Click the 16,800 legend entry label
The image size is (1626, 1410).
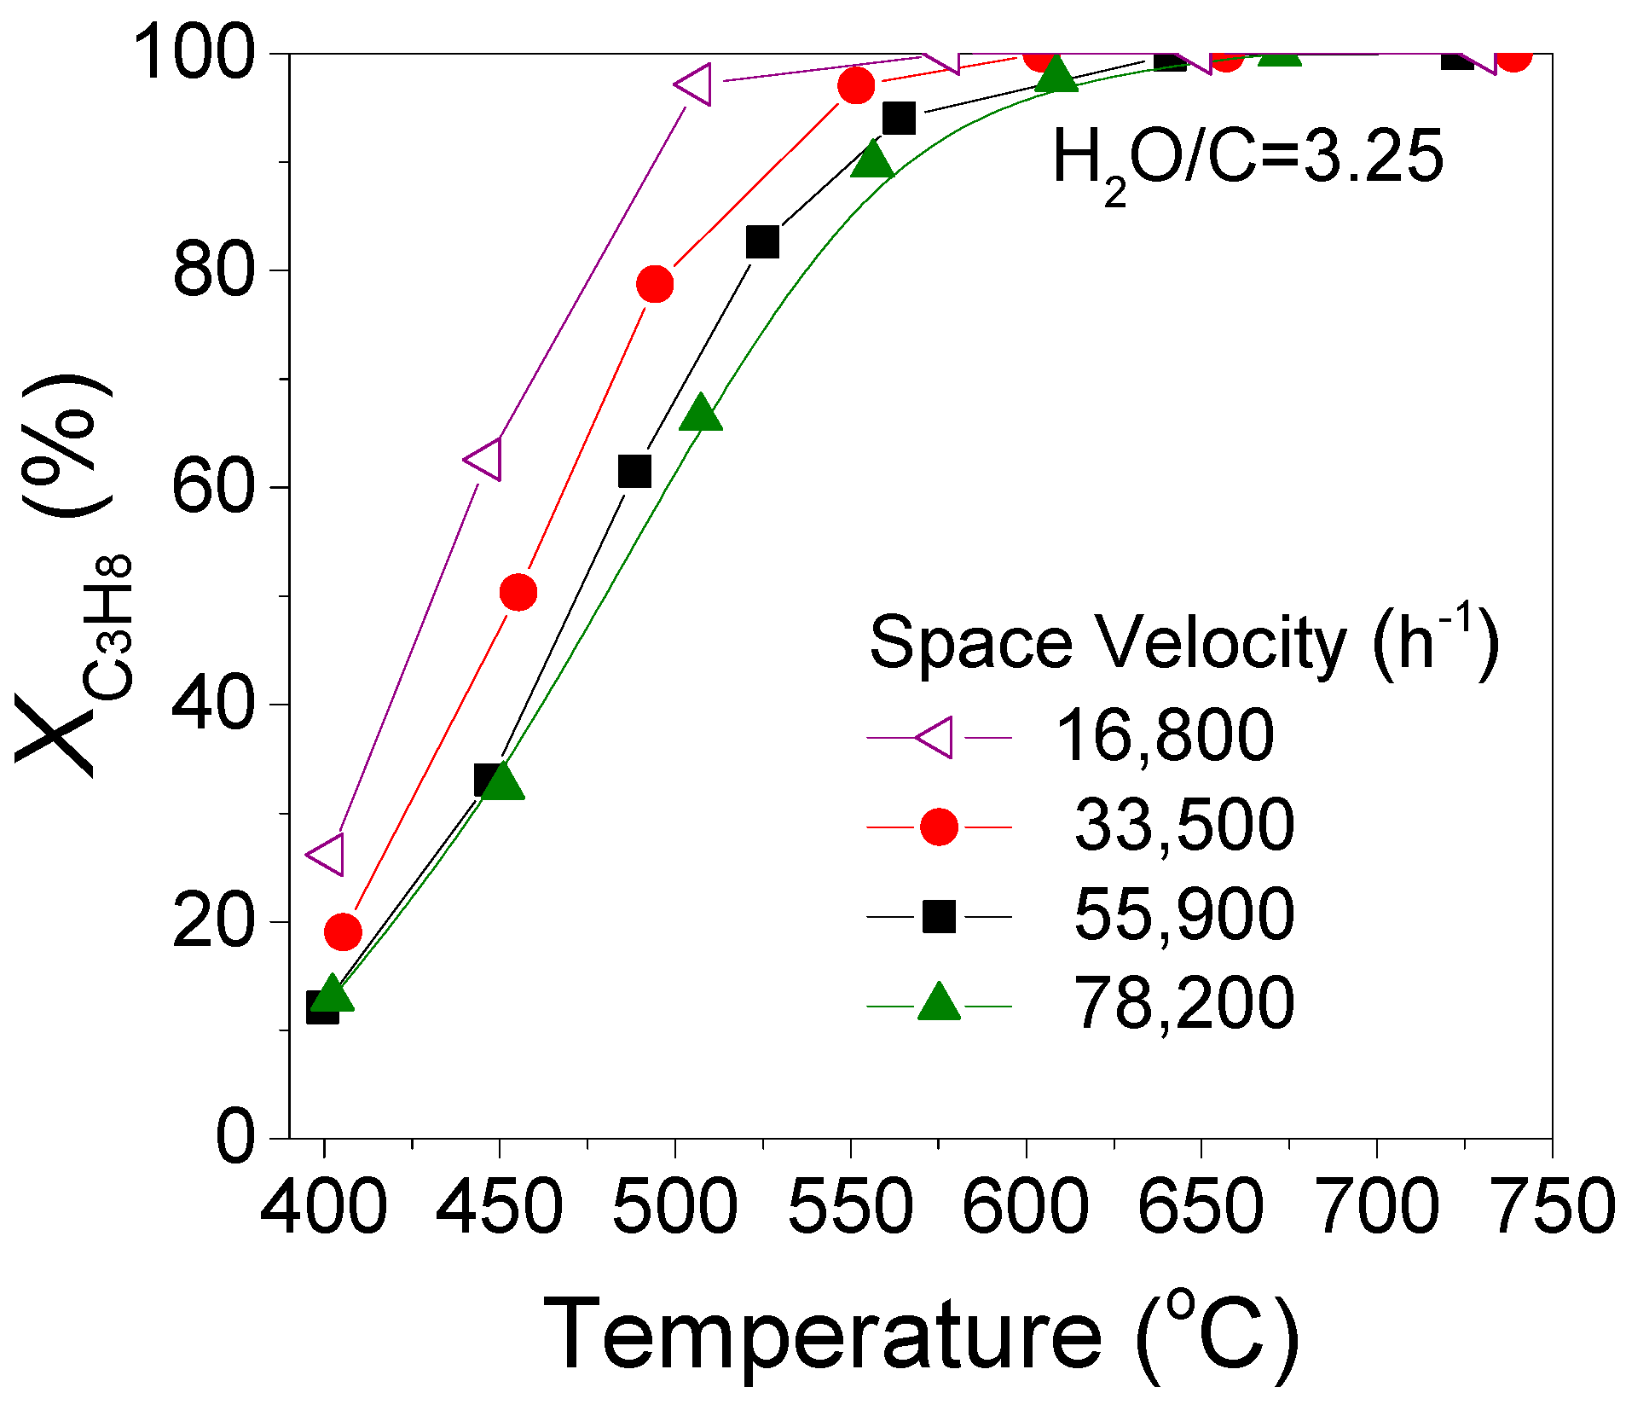1164,736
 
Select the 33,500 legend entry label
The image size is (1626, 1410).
1183,825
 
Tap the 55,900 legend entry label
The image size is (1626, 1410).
1183,914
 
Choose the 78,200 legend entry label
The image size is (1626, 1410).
1183,1004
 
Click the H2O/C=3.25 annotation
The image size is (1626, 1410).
1247,160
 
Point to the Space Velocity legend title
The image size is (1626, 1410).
1183,644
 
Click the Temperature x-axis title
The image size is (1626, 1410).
921,1335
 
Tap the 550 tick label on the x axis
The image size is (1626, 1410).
850,1207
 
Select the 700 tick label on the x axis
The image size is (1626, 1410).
1377,1207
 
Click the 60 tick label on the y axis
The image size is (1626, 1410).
213,488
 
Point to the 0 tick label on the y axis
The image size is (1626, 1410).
234,1137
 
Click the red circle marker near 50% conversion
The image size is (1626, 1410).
518,592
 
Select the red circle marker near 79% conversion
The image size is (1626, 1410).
655,284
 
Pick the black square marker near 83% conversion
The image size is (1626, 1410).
762,242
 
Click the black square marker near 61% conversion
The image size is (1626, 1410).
634,471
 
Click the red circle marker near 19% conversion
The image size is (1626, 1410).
343,932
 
